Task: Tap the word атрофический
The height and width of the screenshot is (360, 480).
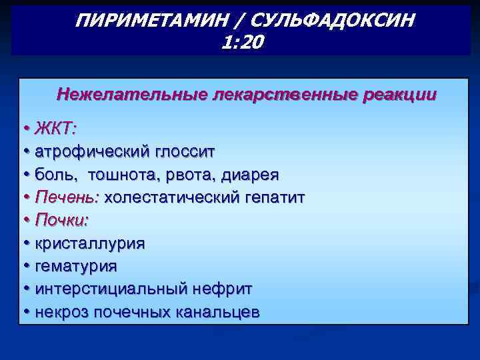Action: coord(95,151)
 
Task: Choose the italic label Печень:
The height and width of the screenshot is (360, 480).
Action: coord(67,197)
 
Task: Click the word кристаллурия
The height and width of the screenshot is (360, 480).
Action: coord(90,243)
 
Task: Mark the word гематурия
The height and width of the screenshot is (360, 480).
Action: coord(76,266)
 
